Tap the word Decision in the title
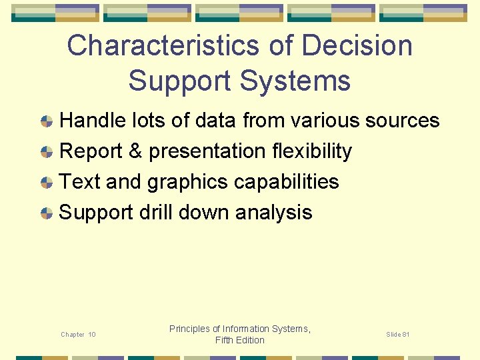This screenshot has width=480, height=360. click(357, 46)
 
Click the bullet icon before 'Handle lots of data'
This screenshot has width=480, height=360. click(47, 121)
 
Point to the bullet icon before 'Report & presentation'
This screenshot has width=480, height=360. click(47, 152)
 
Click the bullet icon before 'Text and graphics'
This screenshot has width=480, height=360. click(47, 183)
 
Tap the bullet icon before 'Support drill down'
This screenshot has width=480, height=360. click(47, 213)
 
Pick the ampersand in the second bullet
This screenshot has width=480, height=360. click(135, 151)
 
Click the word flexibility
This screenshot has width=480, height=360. click(312, 151)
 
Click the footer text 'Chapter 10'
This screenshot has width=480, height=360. click(78, 335)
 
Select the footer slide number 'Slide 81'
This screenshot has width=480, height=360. click(398, 334)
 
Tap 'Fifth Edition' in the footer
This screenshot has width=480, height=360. click(240, 340)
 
